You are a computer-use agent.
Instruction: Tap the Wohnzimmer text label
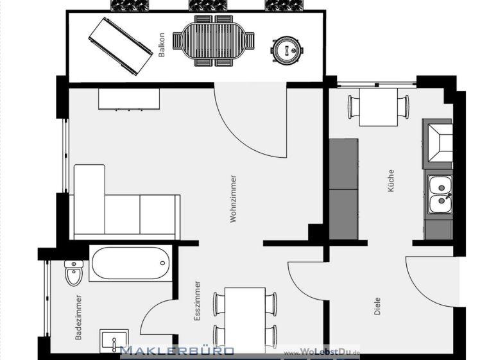pyautogui.click(x=234, y=199)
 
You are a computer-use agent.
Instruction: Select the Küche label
pyautogui.click(x=391, y=182)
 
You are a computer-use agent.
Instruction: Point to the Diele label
pyautogui.click(x=377, y=305)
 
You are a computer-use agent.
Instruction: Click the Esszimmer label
pyautogui.click(x=198, y=300)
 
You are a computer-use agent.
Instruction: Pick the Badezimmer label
pyautogui.click(x=78, y=316)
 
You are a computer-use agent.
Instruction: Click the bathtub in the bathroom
pyautogui.click(x=130, y=263)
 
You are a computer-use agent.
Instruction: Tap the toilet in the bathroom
pyautogui.click(x=73, y=272)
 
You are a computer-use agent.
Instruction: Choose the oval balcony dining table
pyautogui.click(x=214, y=41)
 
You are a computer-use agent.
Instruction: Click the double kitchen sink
pyautogui.click(x=440, y=195)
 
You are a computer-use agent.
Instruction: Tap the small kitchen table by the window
pyautogui.click(x=378, y=107)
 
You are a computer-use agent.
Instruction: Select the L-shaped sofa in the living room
pyautogui.click(x=122, y=205)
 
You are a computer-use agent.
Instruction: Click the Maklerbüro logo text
pyautogui.click(x=177, y=351)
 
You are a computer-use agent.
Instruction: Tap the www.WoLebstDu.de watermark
pyautogui.click(x=322, y=353)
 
